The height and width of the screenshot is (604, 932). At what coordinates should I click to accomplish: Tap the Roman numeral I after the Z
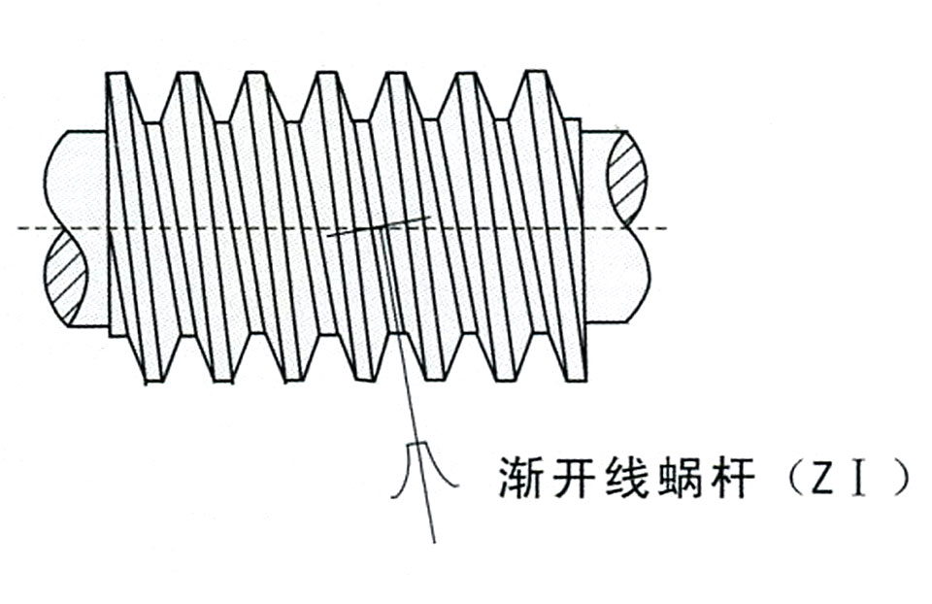[857, 478]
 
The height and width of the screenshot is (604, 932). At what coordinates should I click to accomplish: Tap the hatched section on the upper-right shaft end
[627, 179]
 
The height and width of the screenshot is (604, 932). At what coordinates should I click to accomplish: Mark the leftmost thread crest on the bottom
[153, 380]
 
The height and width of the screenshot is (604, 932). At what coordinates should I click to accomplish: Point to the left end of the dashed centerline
[19, 227]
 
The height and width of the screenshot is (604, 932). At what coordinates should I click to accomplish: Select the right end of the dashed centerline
[667, 227]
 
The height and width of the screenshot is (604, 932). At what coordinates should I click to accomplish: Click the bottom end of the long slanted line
[435, 542]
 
